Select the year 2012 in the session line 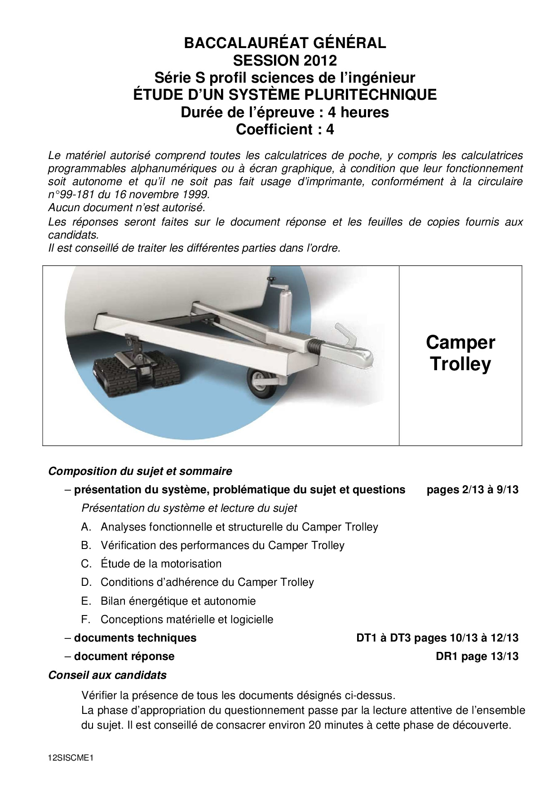(320, 60)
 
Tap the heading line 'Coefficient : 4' (285, 129)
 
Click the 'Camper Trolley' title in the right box (460, 353)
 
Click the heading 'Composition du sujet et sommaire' (140, 471)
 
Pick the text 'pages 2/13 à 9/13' (473, 490)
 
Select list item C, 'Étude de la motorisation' (161, 564)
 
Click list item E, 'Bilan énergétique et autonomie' (178, 601)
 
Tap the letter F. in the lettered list (86, 620)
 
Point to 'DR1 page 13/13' (477, 656)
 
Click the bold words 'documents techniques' (135, 638)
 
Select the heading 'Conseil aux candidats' (107, 675)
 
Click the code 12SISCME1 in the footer (71, 758)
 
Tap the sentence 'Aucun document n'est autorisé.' (127, 208)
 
